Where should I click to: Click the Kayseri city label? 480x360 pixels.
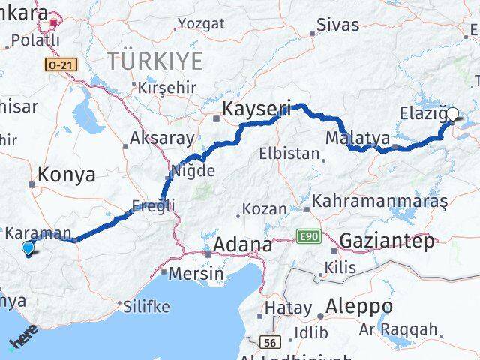coord(256,110)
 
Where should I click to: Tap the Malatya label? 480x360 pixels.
coord(358,139)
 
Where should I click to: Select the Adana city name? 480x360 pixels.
coord(242,245)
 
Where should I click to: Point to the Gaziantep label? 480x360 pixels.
coord(387,241)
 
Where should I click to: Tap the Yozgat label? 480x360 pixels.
coord(202,23)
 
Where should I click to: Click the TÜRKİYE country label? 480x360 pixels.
coord(155,61)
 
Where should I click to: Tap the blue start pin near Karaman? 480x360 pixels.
coord(28,247)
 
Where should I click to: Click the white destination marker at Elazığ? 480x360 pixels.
coord(452,115)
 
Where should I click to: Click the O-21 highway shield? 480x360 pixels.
coord(61,66)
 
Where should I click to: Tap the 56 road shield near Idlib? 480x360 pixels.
coord(272,342)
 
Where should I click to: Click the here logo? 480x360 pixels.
coord(22,341)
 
